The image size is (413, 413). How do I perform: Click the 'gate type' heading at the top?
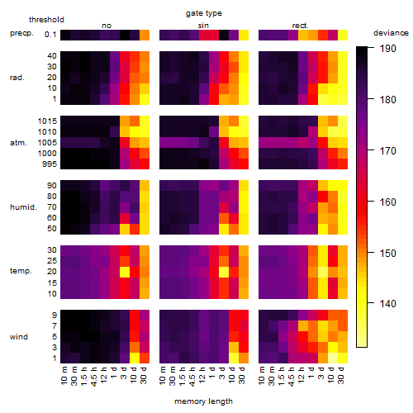click(204, 13)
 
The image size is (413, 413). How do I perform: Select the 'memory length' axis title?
click(203, 401)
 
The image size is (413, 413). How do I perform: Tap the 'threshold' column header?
click(46, 20)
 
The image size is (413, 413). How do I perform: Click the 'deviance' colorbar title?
click(391, 33)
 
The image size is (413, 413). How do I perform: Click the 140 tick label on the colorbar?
click(388, 304)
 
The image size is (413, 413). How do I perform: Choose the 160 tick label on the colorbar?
click(388, 202)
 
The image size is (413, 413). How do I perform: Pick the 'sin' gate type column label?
click(203, 26)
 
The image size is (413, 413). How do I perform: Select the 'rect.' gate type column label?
click(301, 26)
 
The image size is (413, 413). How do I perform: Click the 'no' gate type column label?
click(107, 26)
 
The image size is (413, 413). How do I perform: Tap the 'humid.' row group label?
click(23, 207)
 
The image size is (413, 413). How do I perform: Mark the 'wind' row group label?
click(19, 337)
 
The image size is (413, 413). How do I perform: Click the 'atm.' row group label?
click(18, 143)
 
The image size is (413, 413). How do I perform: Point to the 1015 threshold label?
click(47, 121)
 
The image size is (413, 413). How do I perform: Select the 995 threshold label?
click(50, 164)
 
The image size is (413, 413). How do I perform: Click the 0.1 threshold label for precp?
click(50, 35)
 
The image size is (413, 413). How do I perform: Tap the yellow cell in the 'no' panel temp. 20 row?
click(125, 272)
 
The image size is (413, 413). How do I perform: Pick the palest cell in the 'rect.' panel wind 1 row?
click(333, 358)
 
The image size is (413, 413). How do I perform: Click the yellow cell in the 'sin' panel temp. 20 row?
click(224, 272)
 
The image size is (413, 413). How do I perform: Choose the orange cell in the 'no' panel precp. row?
click(145, 36)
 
